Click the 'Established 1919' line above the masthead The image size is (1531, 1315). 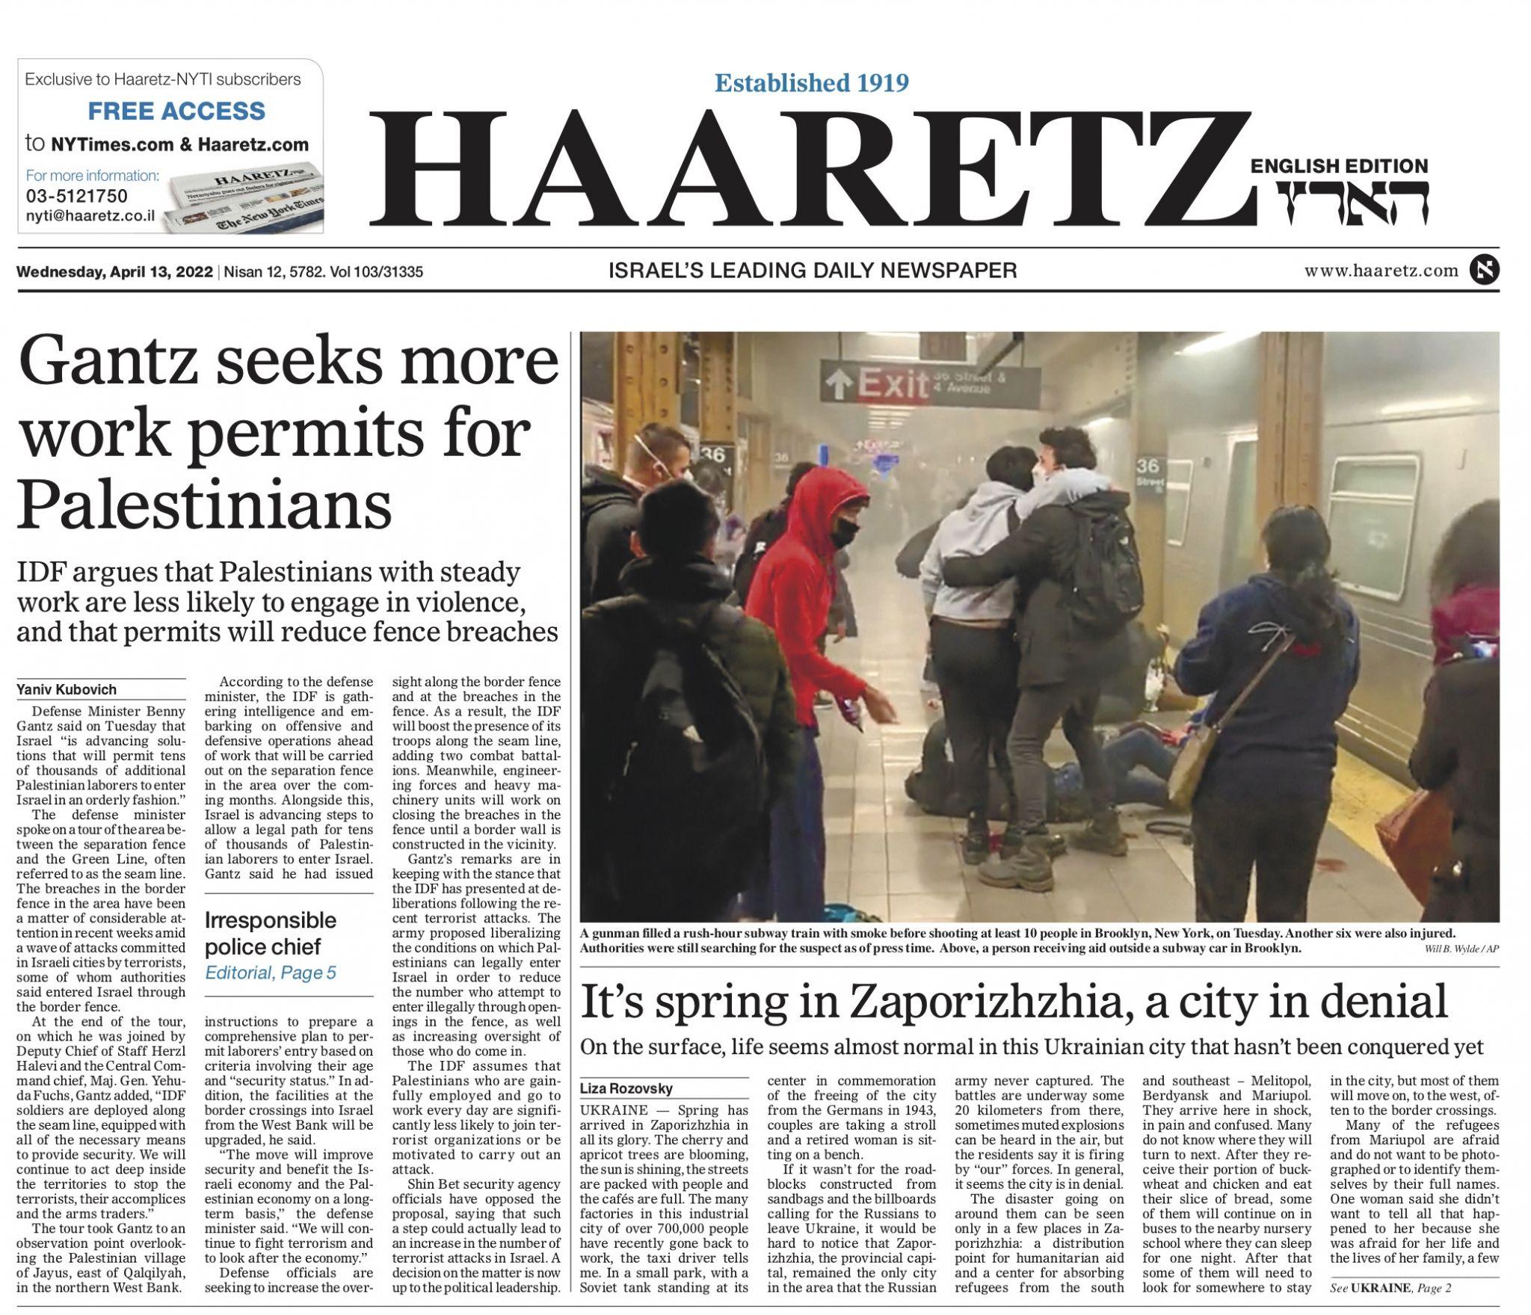pyautogui.click(x=811, y=82)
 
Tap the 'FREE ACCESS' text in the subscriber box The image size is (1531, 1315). pyautogui.click(x=176, y=111)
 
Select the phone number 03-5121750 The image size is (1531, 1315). pyautogui.click(x=76, y=196)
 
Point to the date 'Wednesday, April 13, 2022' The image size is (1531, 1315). pyautogui.click(x=115, y=271)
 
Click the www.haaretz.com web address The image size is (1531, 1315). pyautogui.click(x=1381, y=271)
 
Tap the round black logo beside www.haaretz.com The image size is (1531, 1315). pyautogui.click(x=1484, y=271)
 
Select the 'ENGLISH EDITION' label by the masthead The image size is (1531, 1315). pyautogui.click(x=1339, y=166)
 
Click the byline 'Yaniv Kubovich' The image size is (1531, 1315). pyautogui.click(x=67, y=689)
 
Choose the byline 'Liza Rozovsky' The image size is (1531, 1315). pyautogui.click(x=626, y=1088)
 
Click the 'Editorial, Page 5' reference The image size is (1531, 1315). pyautogui.click(x=271, y=973)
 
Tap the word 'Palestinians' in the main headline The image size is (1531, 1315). pyautogui.click(x=204, y=505)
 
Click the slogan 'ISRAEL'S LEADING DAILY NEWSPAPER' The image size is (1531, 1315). pyautogui.click(x=813, y=271)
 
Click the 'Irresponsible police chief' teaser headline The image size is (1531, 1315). pyautogui.click(x=271, y=932)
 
